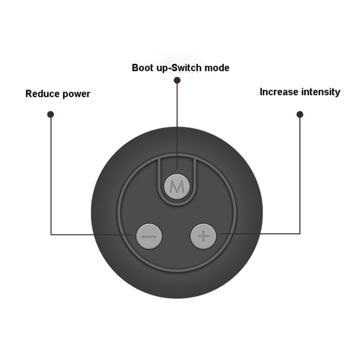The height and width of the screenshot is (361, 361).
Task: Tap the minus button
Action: [x=149, y=236]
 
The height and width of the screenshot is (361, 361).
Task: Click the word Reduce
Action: [x=43, y=94]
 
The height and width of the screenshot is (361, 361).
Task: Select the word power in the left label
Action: [x=76, y=95]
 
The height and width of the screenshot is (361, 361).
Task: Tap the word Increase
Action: [x=278, y=92]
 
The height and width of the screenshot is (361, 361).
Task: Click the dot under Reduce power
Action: [x=51, y=114]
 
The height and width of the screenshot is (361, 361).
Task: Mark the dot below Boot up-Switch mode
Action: [x=177, y=80]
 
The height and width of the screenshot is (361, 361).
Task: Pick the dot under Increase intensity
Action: [x=300, y=114]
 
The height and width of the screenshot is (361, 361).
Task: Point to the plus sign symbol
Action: [x=204, y=236]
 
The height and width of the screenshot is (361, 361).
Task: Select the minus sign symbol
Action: [x=149, y=237]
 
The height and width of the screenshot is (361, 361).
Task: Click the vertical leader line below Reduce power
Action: [x=51, y=173]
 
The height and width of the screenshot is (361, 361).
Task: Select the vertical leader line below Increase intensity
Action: [x=300, y=173]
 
